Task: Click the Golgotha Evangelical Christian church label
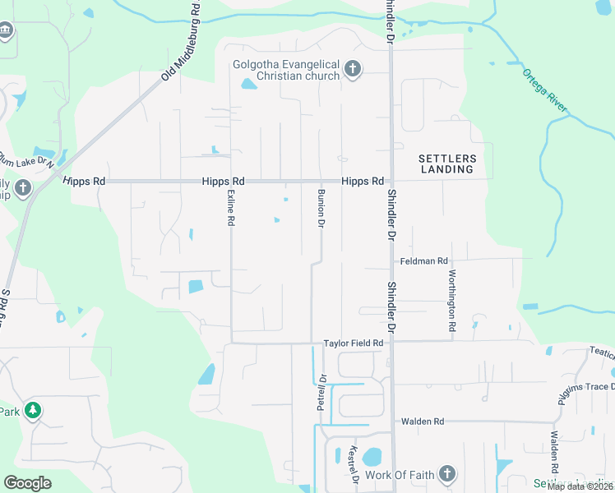click(x=287, y=70)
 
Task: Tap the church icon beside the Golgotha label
click(x=353, y=70)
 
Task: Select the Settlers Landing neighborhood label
click(x=446, y=164)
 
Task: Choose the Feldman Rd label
click(x=423, y=260)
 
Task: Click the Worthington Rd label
click(x=452, y=300)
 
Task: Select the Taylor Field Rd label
click(x=354, y=343)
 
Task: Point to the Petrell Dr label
click(x=322, y=393)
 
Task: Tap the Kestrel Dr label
click(x=354, y=464)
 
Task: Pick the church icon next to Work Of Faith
click(x=446, y=473)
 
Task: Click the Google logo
click(x=27, y=483)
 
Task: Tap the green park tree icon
click(x=33, y=410)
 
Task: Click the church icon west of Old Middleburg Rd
click(x=23, y=187)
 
